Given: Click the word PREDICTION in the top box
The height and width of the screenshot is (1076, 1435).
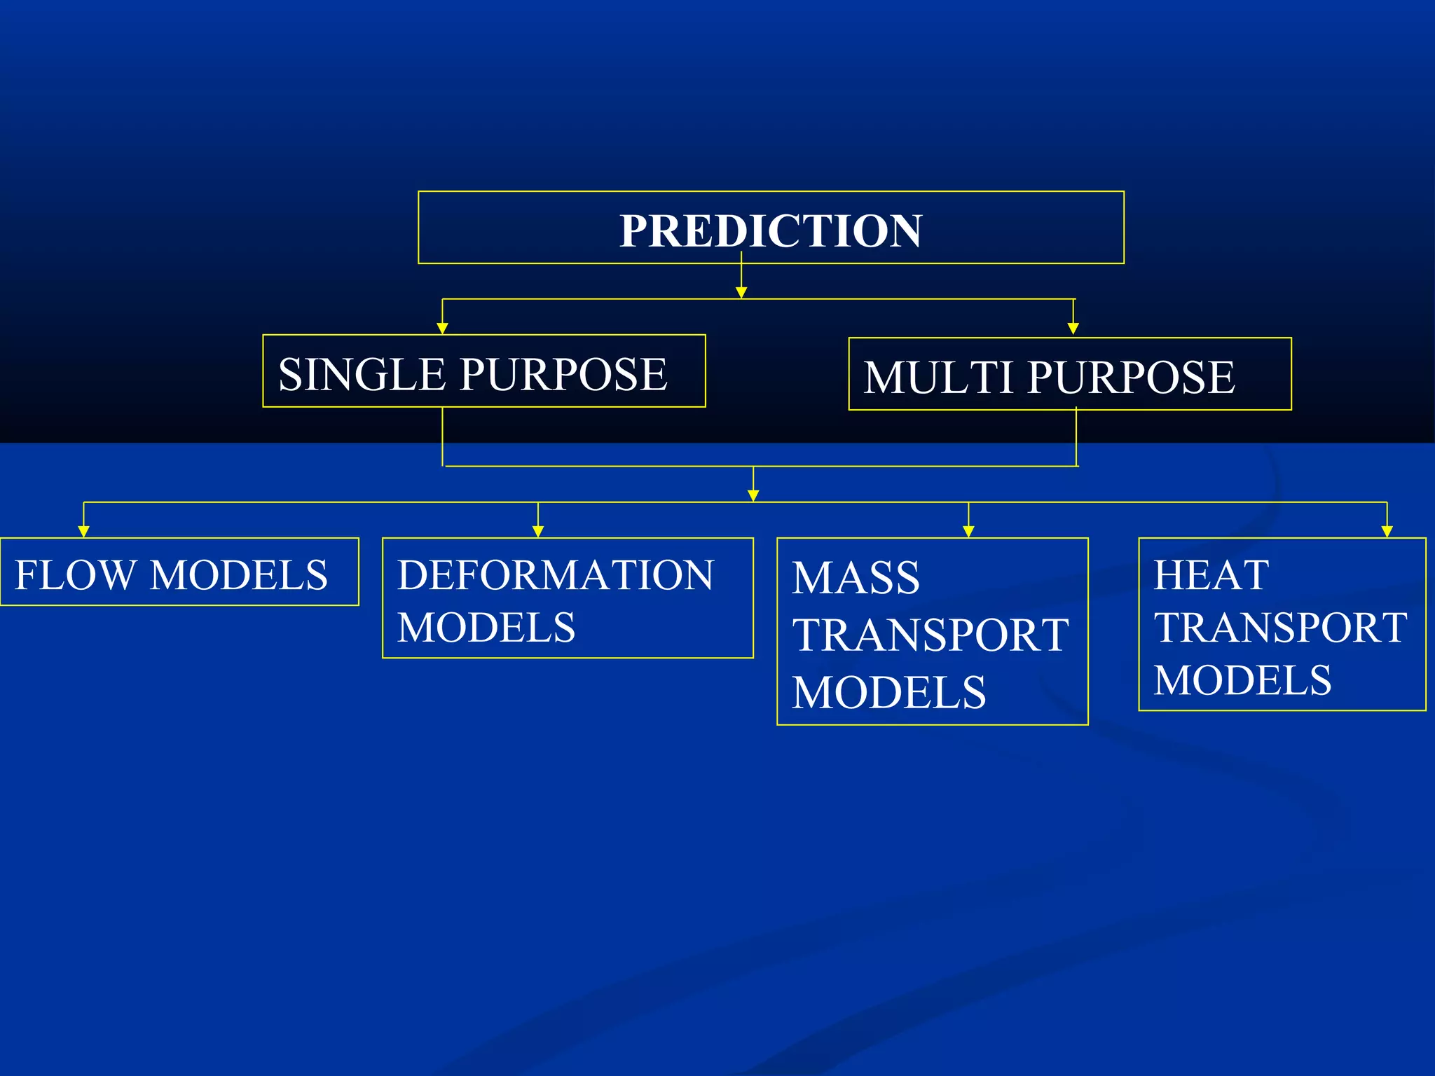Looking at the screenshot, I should [x=771, y=230].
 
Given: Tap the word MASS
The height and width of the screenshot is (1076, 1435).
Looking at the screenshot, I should [x=856, y=578].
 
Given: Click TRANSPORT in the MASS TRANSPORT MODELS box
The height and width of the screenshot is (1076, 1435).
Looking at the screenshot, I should [x=930, y=635].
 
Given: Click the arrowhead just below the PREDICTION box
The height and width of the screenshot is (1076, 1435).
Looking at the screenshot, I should [x=741, y=293].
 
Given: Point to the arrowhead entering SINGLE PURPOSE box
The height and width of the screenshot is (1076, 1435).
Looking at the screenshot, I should [x=442, y=329].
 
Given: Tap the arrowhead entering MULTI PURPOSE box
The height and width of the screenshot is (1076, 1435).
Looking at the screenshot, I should [x=1073, y=329].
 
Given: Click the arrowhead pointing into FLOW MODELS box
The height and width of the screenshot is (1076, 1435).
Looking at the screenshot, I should [x=83, y=532].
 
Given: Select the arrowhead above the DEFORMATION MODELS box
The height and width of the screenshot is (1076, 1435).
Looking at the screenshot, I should [x=538, y=532].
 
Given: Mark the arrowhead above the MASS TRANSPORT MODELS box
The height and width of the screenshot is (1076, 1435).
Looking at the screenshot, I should [x=968, y=532].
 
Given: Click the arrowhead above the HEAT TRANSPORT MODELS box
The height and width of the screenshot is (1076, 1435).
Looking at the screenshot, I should [x=1387, y=532].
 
